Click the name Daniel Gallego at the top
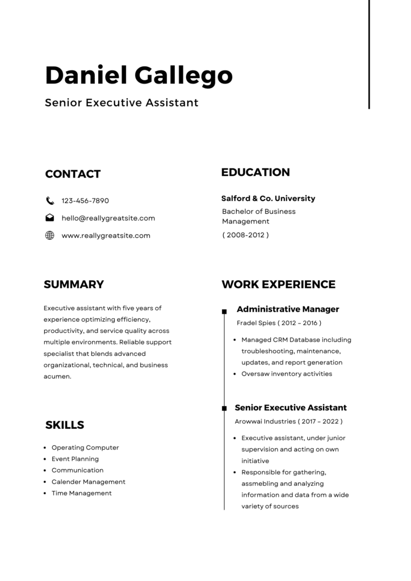139,75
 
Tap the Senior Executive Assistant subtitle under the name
121,103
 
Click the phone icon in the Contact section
50,200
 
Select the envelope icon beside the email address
50,218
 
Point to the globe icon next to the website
50,235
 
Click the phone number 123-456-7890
85,201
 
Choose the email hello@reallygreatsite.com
108,218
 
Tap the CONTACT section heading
73,174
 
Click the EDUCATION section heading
255,172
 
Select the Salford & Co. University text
268,199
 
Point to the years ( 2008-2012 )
245,235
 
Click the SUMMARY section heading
74,284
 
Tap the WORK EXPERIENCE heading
278,284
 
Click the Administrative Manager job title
288,309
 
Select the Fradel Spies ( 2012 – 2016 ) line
279,323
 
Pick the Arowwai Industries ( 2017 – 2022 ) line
288,422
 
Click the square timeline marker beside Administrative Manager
224,311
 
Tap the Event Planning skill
75,459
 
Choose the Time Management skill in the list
82,493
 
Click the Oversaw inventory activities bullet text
287,374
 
